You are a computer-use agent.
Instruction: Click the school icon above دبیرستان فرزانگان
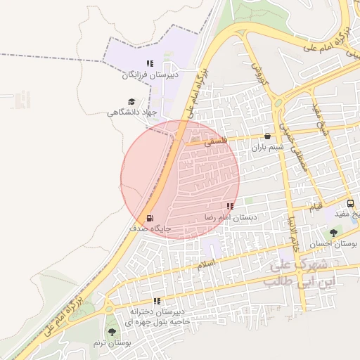pos(149,63)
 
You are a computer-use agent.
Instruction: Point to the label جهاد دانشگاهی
pos(133,112)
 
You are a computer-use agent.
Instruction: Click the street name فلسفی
pos(217,141)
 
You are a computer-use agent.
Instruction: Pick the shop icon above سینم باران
pos(267,136)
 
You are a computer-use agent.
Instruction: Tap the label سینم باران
pos(267,148)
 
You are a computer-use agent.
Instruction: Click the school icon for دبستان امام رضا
pos(230,207)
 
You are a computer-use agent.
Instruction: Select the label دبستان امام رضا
pos(231,218)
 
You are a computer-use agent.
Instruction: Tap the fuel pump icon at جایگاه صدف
pos(148,218)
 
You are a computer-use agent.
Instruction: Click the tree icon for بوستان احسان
pos(333,233)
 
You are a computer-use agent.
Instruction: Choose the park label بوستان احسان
pos(336,243)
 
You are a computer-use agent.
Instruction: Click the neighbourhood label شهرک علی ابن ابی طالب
pos(300,274)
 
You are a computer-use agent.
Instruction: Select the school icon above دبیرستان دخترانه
pos(156,301)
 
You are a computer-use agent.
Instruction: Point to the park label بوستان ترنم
pos(112,342)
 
